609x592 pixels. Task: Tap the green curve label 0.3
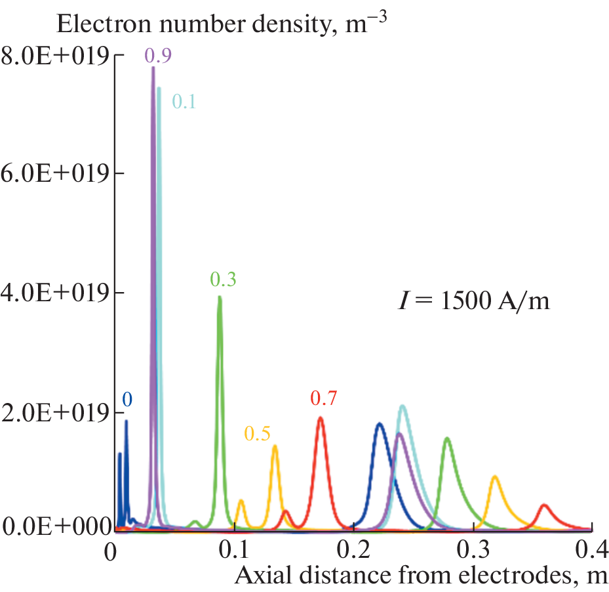[223, 280]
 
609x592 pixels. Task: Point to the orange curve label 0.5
[258, 433]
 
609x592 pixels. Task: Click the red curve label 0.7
[323, 398]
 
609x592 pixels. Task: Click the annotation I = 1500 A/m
[474, 301]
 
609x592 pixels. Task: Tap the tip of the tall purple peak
[153, 68]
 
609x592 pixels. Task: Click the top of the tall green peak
[220, 297]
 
